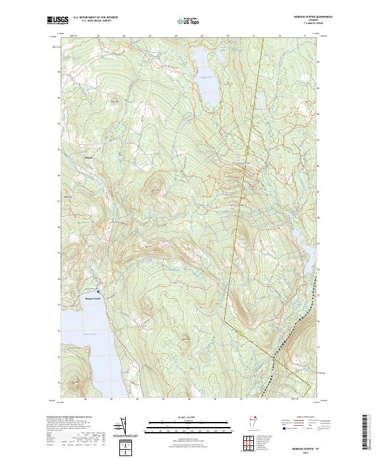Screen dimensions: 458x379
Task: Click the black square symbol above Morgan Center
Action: pyautogui.click(x=98, y=291)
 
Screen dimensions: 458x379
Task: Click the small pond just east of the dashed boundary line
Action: pyautogui.click(x=260, y=101)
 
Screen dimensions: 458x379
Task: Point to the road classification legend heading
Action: pyautogui.click(x=297, y=418)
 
